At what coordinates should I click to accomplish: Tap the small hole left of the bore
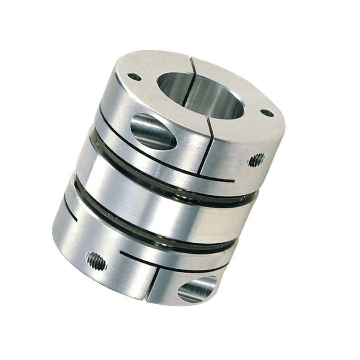[x=135, y=77]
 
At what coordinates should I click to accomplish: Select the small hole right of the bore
[x=267, y=113]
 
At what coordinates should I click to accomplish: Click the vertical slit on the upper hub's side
[x=205, y=147]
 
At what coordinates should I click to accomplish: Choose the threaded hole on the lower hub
[x=96, y=261]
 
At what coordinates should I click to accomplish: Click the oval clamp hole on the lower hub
[x=197, y=289]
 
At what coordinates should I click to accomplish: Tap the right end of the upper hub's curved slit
[x=233, y=182]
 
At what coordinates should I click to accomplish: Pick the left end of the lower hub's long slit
[x=121, y=252]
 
